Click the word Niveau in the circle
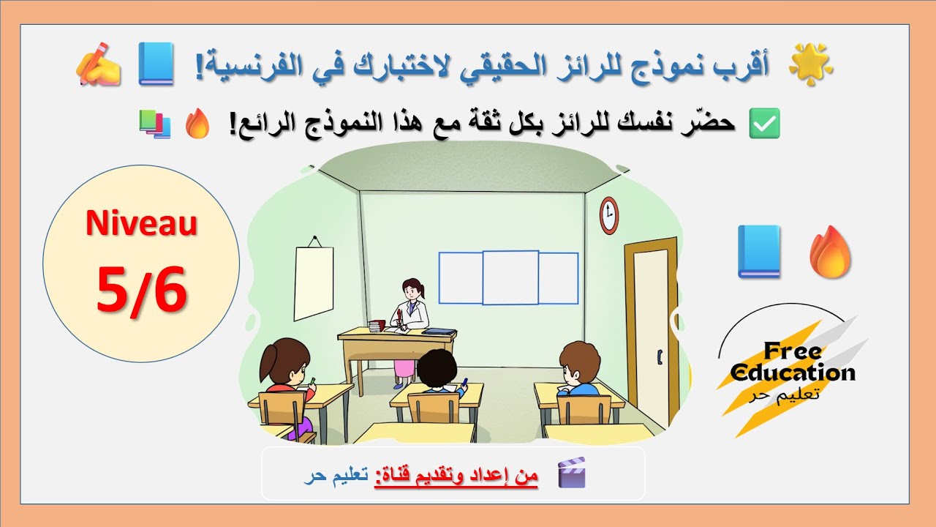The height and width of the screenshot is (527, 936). click(x=141, y=223)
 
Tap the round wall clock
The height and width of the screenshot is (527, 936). click(x=608, y=214)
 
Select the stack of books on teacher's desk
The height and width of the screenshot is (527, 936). click(x=377, y=326)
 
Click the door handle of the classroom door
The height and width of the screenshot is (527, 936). click(x=660, y=358)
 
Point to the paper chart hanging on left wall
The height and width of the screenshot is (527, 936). click(x=314, y=283)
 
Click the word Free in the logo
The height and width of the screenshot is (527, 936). click(x=792, y=351)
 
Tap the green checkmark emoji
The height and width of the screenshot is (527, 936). click(x=765, y=124)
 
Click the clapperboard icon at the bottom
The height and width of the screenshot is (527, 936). click(x=571, y=473)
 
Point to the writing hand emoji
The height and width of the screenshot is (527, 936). click(x=99, y=64)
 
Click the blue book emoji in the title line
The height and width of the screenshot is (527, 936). click(x=156, y=64)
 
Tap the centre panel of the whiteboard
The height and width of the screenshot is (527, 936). click(x=510, y=277)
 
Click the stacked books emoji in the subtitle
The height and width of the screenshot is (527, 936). click(x=154, y=124)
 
